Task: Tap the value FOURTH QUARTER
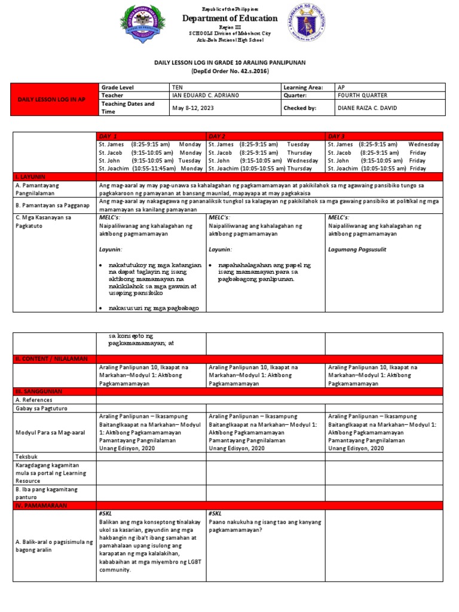click(362, 95)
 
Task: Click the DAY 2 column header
click(217, 136)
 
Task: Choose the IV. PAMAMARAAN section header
click(41, 505)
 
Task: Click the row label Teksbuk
click(27, 455)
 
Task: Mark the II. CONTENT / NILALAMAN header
click(51, 358)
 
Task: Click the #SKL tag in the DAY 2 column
click(216, 513)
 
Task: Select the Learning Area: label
click(303, 87)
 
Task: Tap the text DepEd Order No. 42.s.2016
click(229, 71)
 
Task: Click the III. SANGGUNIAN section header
click(38, 391)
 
